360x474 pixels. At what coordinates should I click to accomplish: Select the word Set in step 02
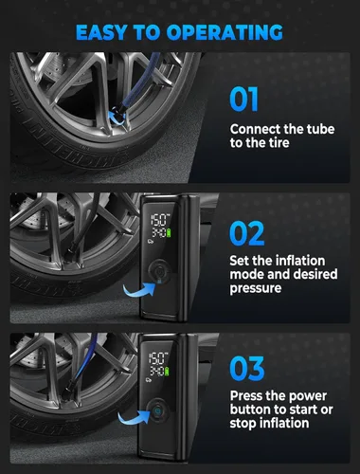(x=241, y=261)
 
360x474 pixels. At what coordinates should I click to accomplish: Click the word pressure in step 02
(x=260, y=291)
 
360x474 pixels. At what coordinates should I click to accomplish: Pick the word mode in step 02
(x=247, y=276)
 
